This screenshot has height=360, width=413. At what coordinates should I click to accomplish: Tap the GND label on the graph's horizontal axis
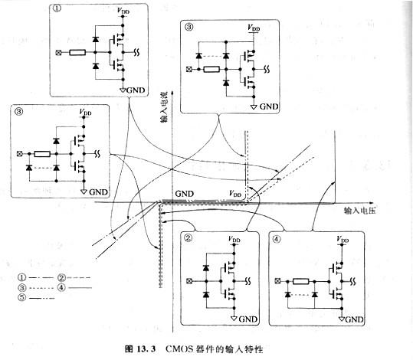pos(186,195)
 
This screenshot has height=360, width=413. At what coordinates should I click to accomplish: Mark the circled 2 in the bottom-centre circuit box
pos(186,237)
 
